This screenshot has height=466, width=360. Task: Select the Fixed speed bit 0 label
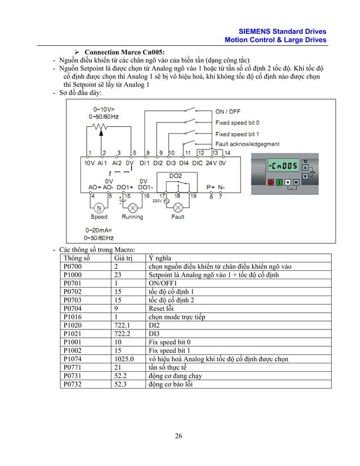[237, 122]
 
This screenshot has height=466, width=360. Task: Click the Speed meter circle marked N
[97, 207]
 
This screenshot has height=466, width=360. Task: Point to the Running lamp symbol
[133, 207]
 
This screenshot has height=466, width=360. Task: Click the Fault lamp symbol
[177, 207]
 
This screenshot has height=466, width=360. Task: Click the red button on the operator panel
[270, 182]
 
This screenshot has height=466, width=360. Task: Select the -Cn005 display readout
[283, 166]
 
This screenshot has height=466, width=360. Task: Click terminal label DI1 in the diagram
[145, 162]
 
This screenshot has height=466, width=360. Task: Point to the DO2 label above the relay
[176, 176]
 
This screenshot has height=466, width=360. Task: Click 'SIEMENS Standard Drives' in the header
[283, 32]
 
